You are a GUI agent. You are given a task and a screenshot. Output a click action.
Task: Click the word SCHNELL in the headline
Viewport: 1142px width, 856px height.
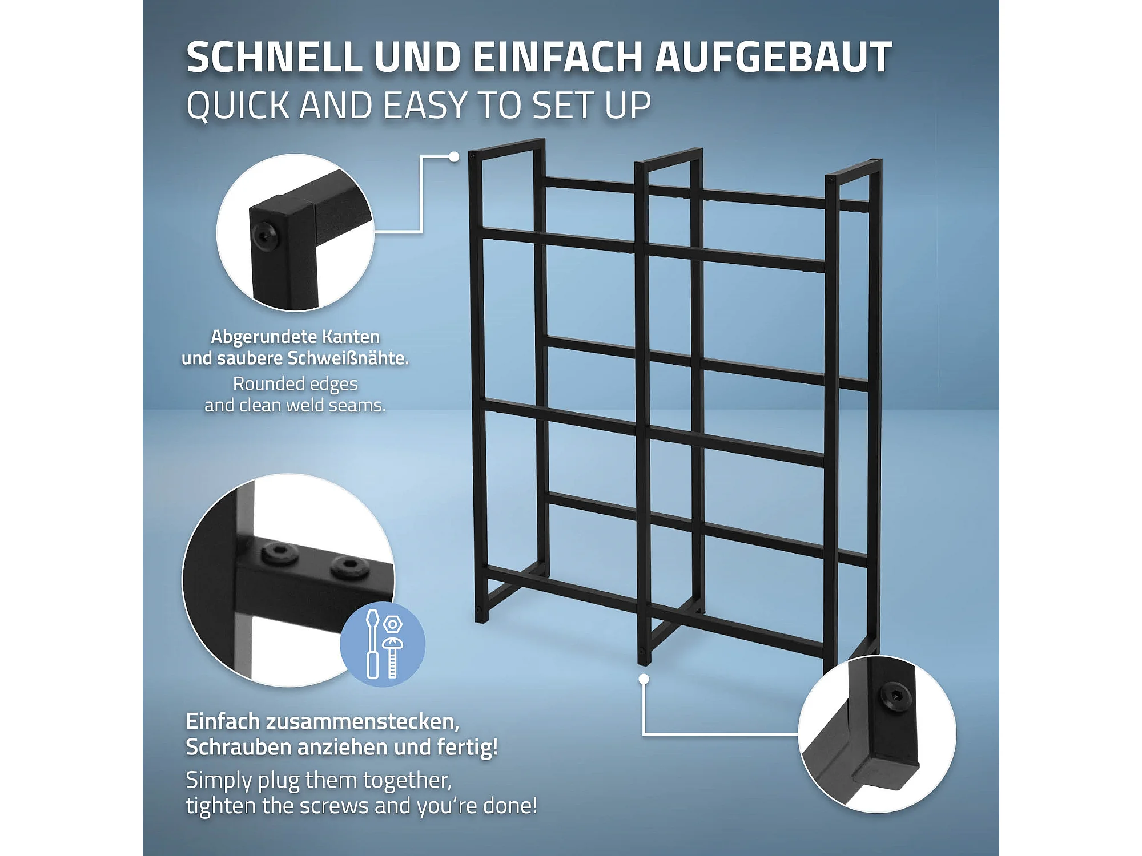coord(275,57)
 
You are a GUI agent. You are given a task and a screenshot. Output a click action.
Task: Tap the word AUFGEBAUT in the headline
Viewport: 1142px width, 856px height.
coord(773,57)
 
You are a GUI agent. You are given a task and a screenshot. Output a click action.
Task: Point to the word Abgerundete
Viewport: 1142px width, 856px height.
coord(263,337)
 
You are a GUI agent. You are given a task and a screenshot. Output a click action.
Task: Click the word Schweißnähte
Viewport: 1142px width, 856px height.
coord(348,358)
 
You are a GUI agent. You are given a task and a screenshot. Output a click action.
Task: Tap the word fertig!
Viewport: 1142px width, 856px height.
coord(468,748)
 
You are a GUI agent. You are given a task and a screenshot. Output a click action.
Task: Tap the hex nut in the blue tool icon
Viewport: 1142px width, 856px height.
coord(393,624)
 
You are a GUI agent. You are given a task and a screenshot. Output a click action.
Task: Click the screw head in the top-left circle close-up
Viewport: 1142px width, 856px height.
coord(264,235)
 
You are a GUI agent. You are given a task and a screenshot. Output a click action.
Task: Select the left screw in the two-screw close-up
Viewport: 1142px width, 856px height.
coord(280,554)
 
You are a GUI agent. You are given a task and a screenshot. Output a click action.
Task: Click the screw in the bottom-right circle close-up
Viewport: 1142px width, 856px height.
coord(895,697)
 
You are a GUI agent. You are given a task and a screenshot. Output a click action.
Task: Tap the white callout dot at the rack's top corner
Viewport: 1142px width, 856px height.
coord(454,156)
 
